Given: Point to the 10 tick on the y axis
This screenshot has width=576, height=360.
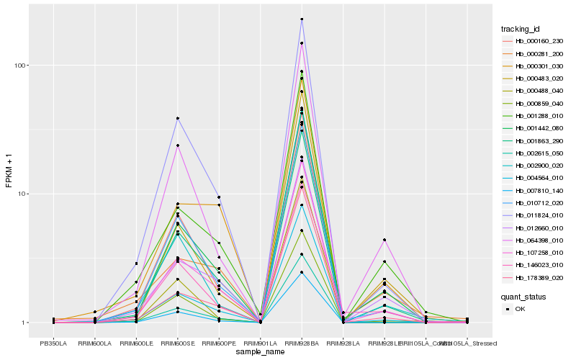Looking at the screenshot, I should (x=22, y=194).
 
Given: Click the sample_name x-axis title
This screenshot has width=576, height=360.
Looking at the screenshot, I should (x=260, y=353).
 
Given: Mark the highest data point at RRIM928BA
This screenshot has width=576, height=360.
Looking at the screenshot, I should (x=302, y=19).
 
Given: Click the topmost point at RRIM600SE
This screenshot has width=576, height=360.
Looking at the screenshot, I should (x=177, y=118).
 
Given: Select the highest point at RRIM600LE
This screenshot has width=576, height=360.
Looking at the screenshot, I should (x=136, y=264).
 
